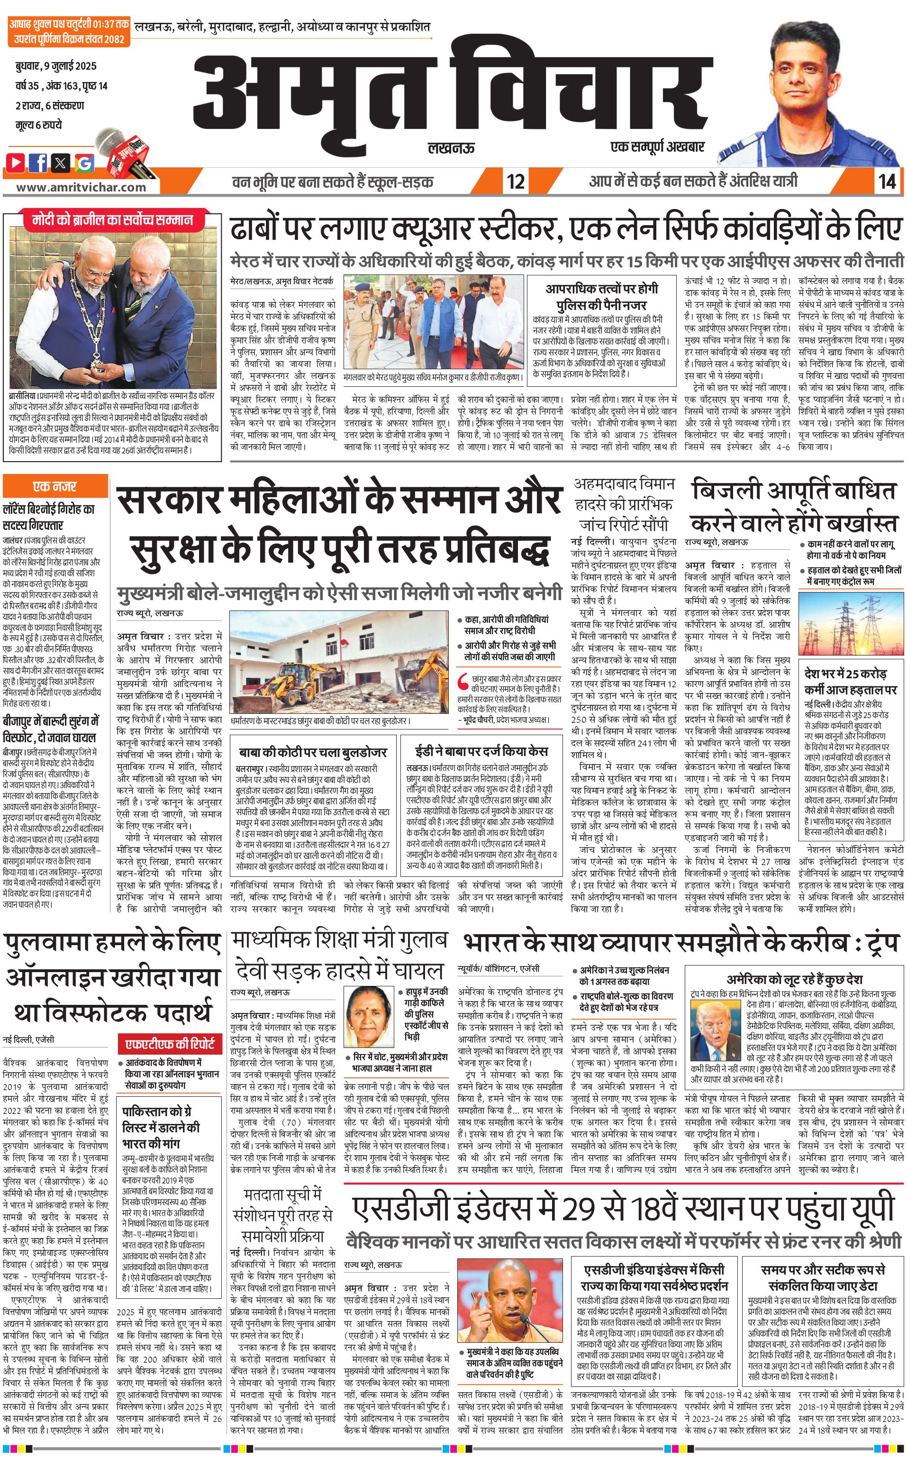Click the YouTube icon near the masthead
tap(16, 162)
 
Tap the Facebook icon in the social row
tap(38, 162)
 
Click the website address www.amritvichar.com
tap(81, 187)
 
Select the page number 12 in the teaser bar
tap(515, 181)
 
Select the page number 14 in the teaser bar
tap(887, 181)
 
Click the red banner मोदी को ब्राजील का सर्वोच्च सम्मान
tap(113, 219)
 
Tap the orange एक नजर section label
tap(54, 486)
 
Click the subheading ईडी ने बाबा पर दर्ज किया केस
tap(481, 752)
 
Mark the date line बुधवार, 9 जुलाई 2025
tap(56, 65)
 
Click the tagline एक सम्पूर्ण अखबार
tap(657, 147)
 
